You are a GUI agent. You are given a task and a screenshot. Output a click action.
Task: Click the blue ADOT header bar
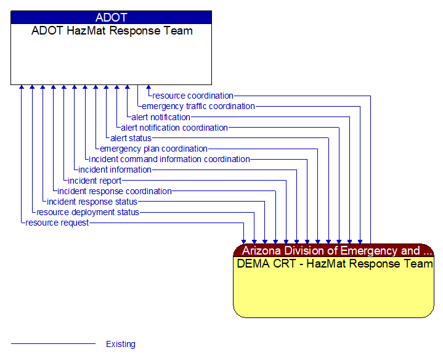[x=111, y=17]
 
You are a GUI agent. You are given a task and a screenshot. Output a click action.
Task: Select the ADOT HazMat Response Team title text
[x=112, y=31]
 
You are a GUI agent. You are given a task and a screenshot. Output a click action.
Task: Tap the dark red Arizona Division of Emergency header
[x=333, y=250]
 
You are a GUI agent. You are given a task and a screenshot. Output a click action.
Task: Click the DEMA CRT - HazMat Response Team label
[x=334, y=264]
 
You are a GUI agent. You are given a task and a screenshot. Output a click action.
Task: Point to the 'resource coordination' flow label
[x=193, y=96]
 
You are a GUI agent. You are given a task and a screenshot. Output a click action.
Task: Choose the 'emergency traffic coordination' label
[x=198, y=106]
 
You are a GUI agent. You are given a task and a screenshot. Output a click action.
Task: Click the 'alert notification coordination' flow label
[x=174, y=128]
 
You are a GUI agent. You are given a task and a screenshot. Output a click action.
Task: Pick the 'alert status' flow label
[x=131, y=138]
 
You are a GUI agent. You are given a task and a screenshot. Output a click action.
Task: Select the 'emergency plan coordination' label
[x=153, y=149]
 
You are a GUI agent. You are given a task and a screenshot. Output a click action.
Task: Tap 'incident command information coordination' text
[x=169, y=159]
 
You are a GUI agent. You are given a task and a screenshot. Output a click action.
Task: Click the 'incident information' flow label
[x=115, y=170]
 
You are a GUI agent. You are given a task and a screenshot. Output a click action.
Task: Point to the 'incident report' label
[x=94, y=181]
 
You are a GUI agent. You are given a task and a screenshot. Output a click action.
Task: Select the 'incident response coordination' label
[x=114, y=191]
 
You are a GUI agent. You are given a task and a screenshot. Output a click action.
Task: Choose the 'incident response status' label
[x=92, y=202]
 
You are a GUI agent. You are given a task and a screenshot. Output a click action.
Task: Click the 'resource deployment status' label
[x=87, y=212]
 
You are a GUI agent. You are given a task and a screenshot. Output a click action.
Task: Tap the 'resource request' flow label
[x=57, y=223]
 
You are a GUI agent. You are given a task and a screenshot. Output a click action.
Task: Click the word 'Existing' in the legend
[x=121, y=344]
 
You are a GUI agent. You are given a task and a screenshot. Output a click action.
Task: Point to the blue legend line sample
[x=54, y=343]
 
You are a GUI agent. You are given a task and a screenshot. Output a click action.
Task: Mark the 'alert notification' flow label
[x=161, y=117]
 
